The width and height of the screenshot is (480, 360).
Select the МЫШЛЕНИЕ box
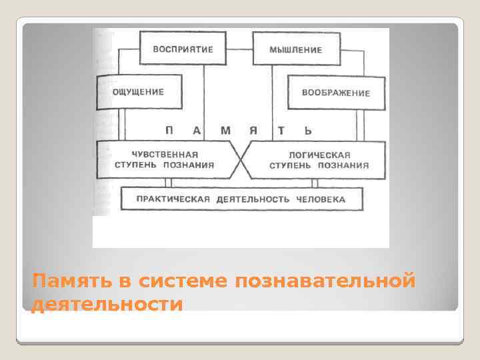pos(295,49)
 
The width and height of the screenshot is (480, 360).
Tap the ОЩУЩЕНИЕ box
pos(139,92)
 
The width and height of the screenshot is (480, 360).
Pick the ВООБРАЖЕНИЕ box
pos(336,93)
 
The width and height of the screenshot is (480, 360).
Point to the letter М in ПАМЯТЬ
pos(225,129)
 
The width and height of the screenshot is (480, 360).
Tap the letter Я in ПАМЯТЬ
pos(253,129)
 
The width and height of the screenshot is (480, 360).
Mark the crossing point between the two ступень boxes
pos(240,160)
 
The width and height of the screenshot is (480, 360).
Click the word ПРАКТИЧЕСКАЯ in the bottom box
pos(169,199)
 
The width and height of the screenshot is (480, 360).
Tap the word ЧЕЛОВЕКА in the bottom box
pos(323,199)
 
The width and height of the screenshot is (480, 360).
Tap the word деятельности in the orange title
pos(107,304)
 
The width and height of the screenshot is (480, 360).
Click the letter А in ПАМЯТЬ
pos(197,129)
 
